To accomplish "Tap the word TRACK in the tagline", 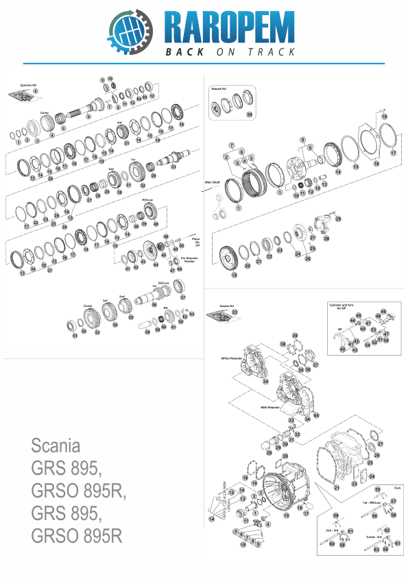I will tap(271, 52).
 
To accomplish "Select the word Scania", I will tap(56, 446).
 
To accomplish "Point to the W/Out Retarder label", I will tap(230, 358).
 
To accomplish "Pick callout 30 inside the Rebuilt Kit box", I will tap(250, 114).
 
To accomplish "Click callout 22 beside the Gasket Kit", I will tap(235, 312).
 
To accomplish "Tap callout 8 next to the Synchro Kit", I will tap(36, 90).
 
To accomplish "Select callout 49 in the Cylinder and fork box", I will tap(383, 312).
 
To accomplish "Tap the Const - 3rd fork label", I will tap(374, 536).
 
